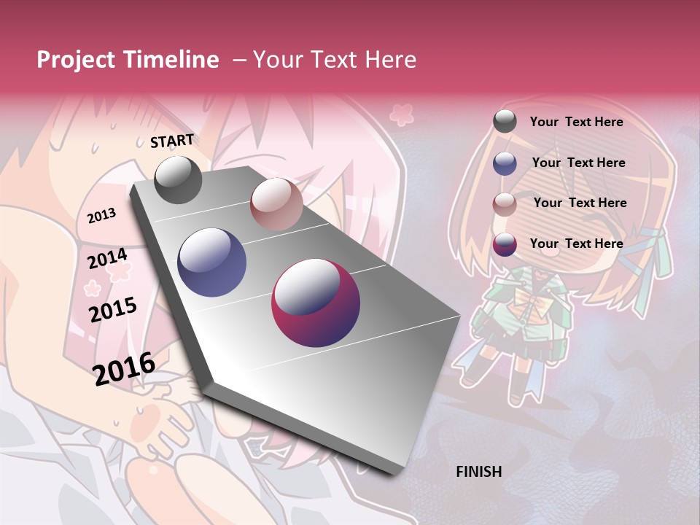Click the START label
coord(172,141)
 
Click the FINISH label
coord(478,472)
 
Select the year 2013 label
coord(102,215)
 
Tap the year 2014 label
coord(107,259)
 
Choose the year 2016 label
coord(124,368)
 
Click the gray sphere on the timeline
coord(178,179)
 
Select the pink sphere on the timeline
coord(276,204)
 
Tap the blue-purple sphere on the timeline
coord(212,262)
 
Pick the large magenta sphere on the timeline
coord(316,303)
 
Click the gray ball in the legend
coord(505,122)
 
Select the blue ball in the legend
coord(505,163)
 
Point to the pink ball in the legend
coord(505,203)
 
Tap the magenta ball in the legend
coord(505,244)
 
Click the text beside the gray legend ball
coord(576,122)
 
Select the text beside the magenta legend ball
coord(576,244)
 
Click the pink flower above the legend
coord(401,114)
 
